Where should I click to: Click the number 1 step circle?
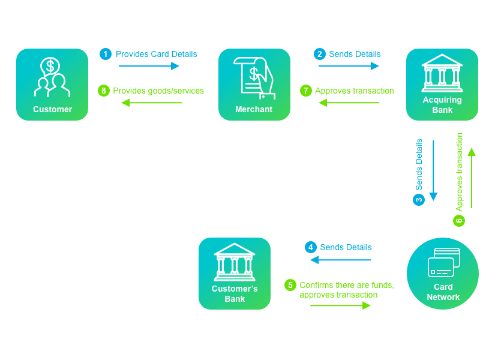[106, 54]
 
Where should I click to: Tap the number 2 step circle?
[320, 54]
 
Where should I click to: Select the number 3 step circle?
[419, 200]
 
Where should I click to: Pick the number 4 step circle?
[310, 247]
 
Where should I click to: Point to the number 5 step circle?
[290, 285]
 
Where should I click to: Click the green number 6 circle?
[459, 220]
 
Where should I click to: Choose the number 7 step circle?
[306, 91]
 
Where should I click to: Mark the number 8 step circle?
[104, 91]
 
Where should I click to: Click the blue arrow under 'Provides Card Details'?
[149, 66]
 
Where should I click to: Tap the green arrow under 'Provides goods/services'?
[151, 103]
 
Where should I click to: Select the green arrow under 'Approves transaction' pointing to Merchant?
[349, 103]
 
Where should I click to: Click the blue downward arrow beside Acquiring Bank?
[433, 170]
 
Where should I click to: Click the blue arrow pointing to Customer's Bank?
[340, 260]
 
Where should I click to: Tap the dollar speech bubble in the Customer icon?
[50, 67]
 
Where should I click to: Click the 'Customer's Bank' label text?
[235, 293]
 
